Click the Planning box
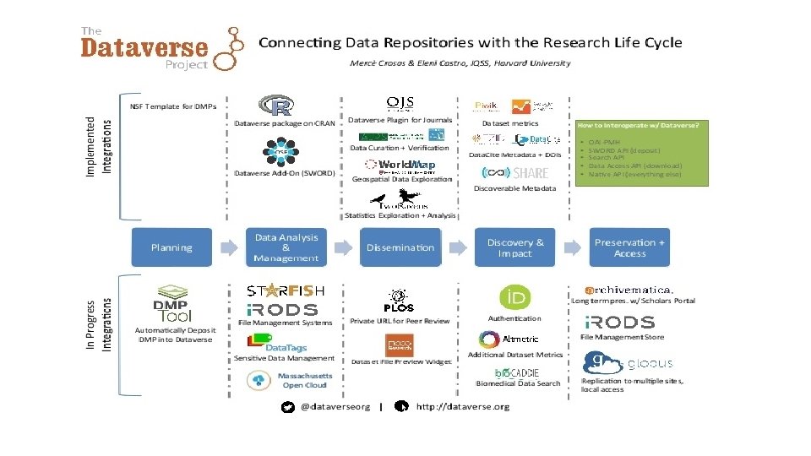[x=171, y=247]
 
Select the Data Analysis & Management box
[x=286, y=247]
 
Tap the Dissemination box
[x=400, y=247]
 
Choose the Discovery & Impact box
[x=515, y=247]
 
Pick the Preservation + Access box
[x=630, y=247]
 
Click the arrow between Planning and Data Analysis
[x=229, y=247]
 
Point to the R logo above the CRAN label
[x=276, y=106]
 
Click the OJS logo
[x=400, y=103]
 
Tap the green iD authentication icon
[x=515, y=297]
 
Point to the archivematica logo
[x=629, y=290]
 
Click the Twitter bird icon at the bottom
[x=287, y=406]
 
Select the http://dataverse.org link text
[x=463, y=406]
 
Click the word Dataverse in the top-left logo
[x=144, y=47]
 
